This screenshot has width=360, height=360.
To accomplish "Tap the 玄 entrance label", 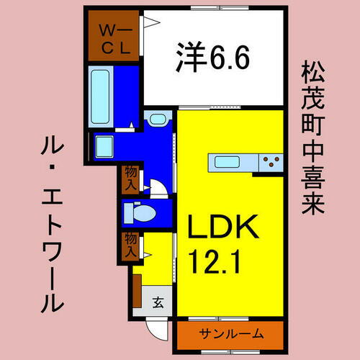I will (157, 302).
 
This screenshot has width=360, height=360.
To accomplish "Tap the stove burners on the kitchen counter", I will (271, 161).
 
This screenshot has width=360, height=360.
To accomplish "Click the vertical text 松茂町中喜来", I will (310, 137).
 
